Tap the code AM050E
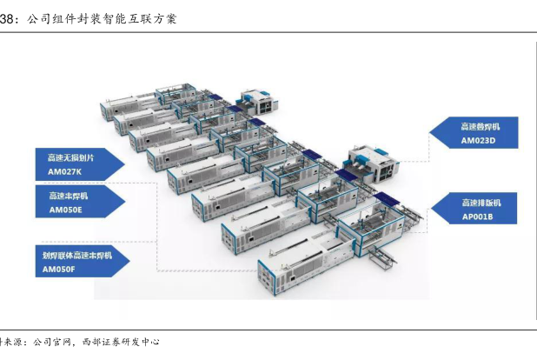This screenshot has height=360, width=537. [66, 210]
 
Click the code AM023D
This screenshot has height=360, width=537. [477, 140]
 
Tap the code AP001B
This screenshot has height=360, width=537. [477, 217]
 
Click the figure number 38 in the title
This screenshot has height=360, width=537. [8, 17]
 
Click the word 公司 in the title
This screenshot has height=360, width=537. [38, 17]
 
